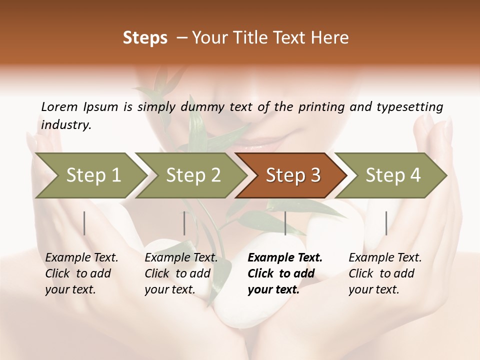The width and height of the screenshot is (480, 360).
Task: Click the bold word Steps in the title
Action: point(145,38)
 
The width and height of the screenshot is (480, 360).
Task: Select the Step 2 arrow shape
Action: point(192,175)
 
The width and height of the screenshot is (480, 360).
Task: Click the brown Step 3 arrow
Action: point(292,175)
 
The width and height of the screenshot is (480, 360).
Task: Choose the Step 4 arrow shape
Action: point(392,175)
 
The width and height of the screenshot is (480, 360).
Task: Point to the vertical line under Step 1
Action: point(84,223)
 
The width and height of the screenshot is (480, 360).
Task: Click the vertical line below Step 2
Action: point(184,223)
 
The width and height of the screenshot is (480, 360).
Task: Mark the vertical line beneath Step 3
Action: point(285,223)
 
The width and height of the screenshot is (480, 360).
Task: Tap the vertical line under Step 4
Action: point(386,223)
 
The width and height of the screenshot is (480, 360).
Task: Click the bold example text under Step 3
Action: point(284,273)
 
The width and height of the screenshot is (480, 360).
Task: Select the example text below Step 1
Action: point(81,273)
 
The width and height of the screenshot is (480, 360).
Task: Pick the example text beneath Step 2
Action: point(180,273)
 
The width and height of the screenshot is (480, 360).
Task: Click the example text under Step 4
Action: point(384,273)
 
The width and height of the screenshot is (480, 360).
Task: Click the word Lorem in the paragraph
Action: point(59,107)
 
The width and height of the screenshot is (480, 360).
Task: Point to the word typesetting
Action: point(410,107)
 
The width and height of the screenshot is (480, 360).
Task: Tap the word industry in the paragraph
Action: point(66,125)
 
